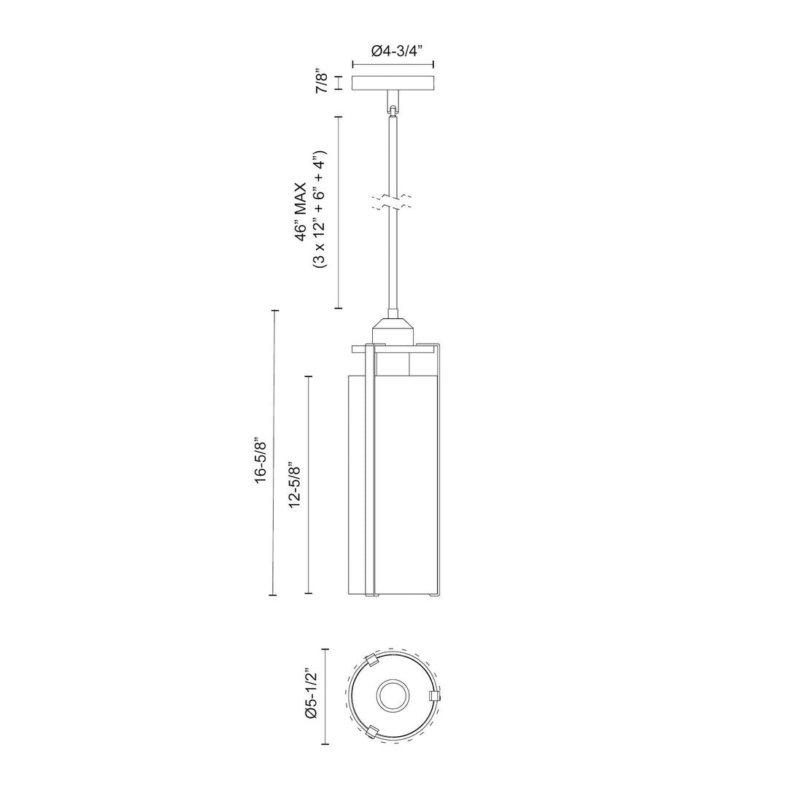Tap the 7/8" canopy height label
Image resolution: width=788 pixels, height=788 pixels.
(322, 82)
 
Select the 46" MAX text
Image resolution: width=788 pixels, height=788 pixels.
(301, 212)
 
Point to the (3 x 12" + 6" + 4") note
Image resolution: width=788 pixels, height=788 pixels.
(320, 209)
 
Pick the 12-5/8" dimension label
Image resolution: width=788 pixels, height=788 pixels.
(295, 484)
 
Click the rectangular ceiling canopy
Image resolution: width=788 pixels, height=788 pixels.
(393, 83)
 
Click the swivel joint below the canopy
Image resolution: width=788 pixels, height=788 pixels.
(393, 104)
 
